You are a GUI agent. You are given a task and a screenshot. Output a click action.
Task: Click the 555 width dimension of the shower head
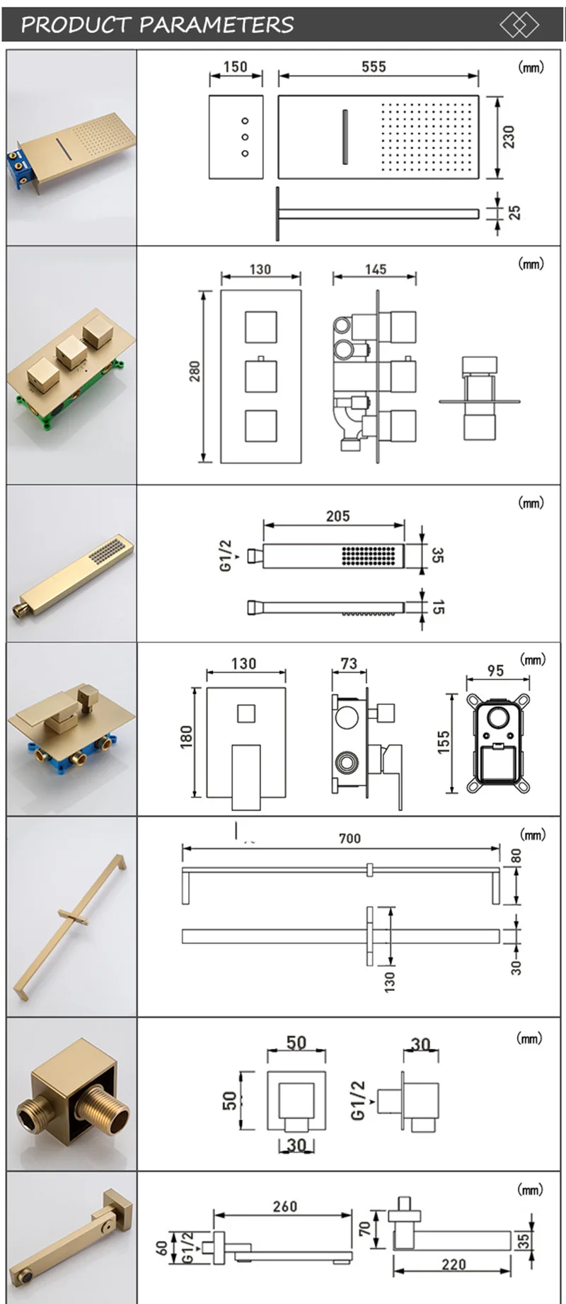(374, 67)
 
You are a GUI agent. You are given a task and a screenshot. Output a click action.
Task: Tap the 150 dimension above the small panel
(235, 67)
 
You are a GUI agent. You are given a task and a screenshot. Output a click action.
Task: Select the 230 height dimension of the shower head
(509, 137)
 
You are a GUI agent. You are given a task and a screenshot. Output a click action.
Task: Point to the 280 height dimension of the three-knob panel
(195, 371)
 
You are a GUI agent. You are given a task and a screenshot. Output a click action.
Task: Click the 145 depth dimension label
(376, 269)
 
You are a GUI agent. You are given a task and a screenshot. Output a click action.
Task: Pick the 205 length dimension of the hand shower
(337, 516)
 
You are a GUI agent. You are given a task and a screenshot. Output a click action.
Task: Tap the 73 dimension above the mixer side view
(349, 664)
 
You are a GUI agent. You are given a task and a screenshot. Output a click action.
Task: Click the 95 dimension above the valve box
(495, 670)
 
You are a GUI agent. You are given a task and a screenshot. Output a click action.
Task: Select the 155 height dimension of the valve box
(444, 742)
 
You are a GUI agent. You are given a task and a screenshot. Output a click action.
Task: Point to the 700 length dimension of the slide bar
(350, 838)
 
